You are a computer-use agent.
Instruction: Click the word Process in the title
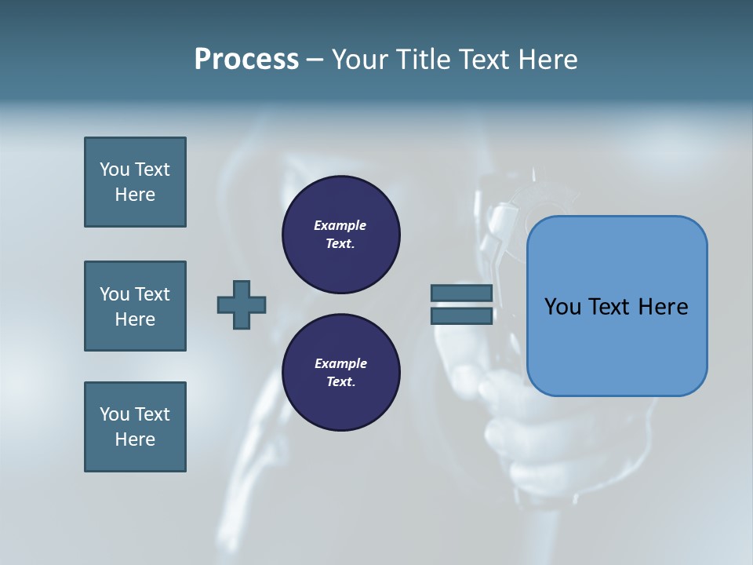click(246, 60)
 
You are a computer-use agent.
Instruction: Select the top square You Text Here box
click(135, 182)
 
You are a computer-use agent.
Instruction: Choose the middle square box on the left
click(135, 306)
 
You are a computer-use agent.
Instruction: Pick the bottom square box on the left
click(135, 427)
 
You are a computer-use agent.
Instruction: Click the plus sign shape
click(242, 304)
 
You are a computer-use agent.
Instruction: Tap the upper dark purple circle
click(340, 235)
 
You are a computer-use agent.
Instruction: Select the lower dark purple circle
click(340, 373)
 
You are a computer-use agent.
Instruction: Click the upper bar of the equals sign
click(461, 293)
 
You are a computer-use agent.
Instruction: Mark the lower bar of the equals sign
click(461, 315)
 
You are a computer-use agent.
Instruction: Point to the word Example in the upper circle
click(340, 225)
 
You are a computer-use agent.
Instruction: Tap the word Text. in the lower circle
click(340, 382)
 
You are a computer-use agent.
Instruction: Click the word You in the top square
click(115, 169)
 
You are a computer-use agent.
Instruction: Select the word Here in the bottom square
click(135, 439)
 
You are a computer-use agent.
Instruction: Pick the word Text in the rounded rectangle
click(612, 307)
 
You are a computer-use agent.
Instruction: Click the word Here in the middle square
click(135, 319)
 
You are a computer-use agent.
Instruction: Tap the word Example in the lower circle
click(340, 363)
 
